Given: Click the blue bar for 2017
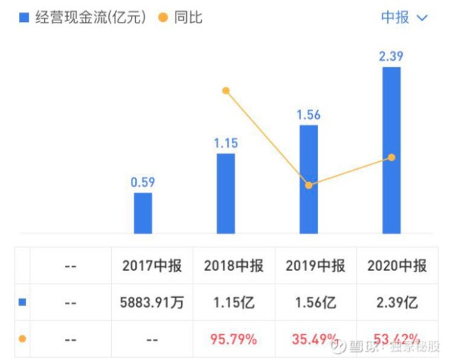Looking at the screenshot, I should click(x=143, y=213).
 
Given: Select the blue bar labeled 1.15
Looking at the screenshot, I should click(x=225, y=193).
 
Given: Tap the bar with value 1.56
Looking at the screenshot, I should click(x=308, y=179).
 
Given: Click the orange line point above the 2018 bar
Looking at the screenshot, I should click(x=226, y=91).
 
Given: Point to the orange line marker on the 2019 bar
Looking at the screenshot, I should click(x=309, y=185).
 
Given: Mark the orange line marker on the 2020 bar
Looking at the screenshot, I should click(x=391, y=157).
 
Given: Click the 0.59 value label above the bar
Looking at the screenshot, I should click(x=143, y=182).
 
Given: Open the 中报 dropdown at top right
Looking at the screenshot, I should click(x=403, y=18).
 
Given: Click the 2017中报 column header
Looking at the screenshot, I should click(x=151, y=267).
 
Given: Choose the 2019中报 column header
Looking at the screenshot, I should click(x=316, y=267).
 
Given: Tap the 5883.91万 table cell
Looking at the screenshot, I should click(x=151, y=303).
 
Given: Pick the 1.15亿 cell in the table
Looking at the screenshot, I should click(x=234, y=303).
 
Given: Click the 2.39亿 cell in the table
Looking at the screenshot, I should click(x=398, y=303).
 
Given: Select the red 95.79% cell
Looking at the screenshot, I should click(x=234, y=339).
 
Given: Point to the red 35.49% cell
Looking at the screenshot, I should click(x=316, y=339).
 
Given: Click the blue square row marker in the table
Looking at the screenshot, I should click(x=22, y=303).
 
